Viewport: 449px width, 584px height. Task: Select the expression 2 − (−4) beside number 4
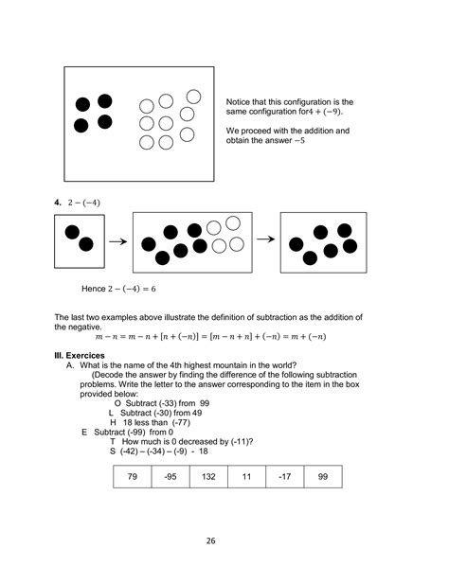click(x=84, y=203)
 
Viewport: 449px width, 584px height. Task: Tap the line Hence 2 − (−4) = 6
click(x=120, y=287)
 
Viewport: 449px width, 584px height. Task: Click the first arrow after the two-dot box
click(x=117, y=242)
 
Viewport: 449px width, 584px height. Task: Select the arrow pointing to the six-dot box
click(x=266, y=239)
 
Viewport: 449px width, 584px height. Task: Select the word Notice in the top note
click(x=239, y=101)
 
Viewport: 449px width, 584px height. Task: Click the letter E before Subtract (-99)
click(x=84, y=432)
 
